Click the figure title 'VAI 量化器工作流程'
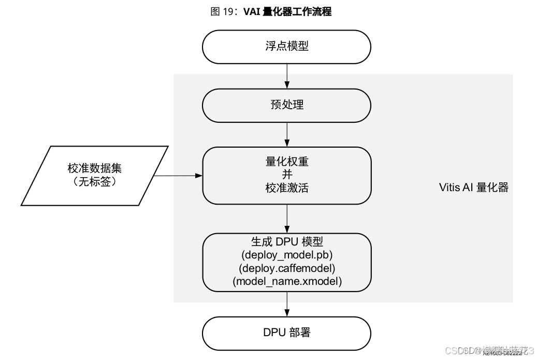click(x=287, y=11)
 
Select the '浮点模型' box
click(x=286, y=46)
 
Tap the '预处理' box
click(x=286, y=105)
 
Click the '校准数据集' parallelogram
click(x=95, y=175)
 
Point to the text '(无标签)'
click(x=95, y=182)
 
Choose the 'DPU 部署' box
click(x=286, y=333)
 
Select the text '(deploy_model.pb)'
click(x=286, y=255)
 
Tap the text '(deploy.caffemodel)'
click(x=286, y=268)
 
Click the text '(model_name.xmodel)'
click(x=286, y=282)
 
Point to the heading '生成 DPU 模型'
click(x=286, y=242)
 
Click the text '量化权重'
click(x=286, y=162)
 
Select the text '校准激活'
click(x=286, y=188)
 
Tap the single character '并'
click(x=286, y=175)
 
